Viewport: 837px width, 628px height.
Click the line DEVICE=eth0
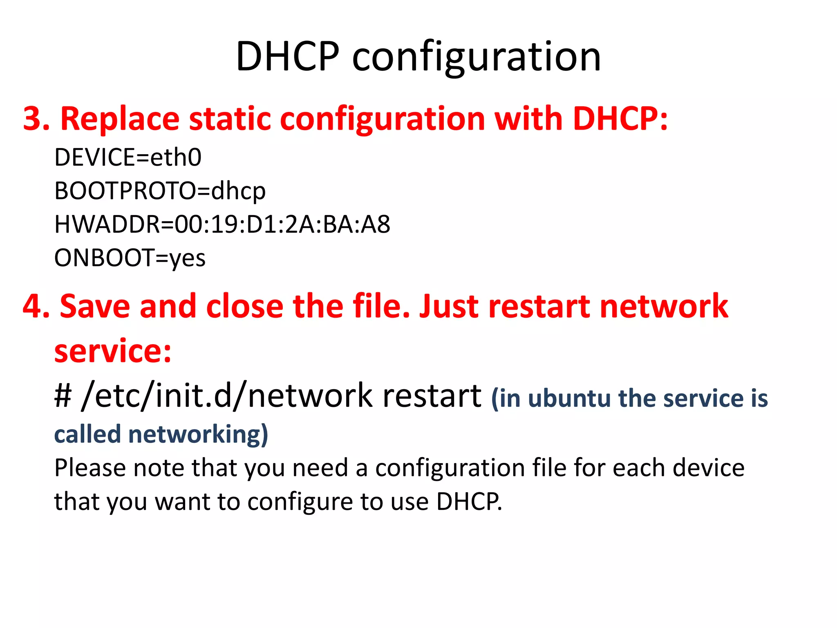[x=128, y=157]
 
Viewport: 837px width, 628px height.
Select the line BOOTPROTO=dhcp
[x=160, y=191]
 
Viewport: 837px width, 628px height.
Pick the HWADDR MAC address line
[x=222, y=224]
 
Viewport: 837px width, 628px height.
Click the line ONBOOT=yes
[x=130, y=258]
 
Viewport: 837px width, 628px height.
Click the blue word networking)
[x=198, y=434]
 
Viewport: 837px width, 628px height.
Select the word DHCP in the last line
[x=468, y=501]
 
